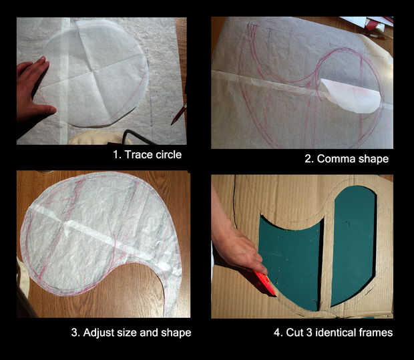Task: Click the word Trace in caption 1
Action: (138, 154)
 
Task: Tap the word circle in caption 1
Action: (168, 154)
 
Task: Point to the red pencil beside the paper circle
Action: (179, 114)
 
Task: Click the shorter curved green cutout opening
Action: (290, 260)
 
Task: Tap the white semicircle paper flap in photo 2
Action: (350, 96)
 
